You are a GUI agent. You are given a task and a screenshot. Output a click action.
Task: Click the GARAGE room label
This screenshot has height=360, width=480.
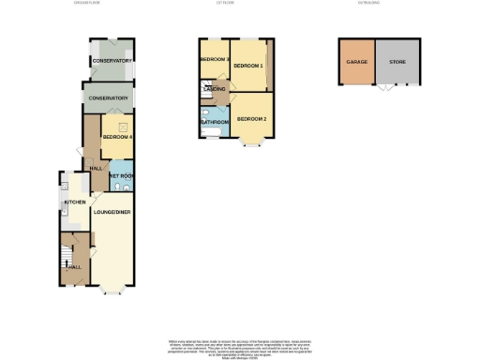356,62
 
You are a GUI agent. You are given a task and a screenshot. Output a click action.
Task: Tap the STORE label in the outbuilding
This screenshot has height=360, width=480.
397,62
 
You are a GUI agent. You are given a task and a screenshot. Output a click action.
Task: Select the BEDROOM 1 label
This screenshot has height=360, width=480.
247,66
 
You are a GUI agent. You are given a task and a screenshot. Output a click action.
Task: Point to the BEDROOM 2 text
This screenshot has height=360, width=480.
251,119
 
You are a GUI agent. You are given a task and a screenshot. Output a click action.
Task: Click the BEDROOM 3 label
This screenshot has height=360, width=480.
214,59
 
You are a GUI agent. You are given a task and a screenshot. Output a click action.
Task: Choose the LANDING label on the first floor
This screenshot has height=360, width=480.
214,88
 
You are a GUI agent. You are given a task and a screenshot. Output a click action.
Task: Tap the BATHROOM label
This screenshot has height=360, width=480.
214,122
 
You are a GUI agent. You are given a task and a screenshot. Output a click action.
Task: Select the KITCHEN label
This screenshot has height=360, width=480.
75,202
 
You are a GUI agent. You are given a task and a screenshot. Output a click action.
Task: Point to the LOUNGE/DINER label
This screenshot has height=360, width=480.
111,212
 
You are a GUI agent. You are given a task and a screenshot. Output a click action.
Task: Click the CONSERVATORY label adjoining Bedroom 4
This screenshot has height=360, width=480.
107,98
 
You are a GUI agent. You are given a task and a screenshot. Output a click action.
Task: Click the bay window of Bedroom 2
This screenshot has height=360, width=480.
251,143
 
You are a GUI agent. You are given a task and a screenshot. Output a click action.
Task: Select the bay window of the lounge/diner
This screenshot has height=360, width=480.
111,289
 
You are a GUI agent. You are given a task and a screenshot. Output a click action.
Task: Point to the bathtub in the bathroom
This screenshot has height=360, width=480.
208,132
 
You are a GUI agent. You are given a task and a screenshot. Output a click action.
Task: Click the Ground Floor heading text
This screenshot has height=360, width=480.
85,4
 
